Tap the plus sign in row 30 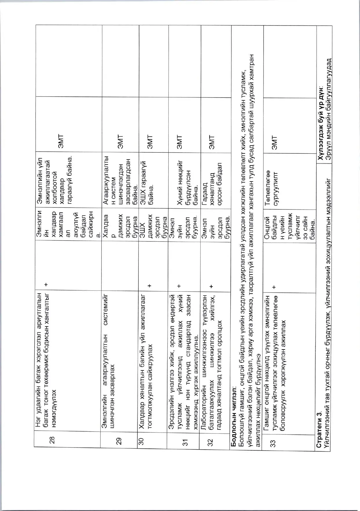tap(149, 285)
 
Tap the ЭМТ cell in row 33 tap(274, 142)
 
